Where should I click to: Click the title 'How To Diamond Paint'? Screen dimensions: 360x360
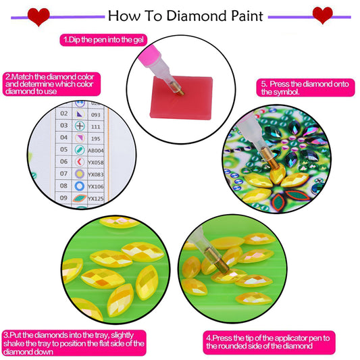[x=186, y=15]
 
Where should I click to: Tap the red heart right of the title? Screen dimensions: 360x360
[x=323, y=14]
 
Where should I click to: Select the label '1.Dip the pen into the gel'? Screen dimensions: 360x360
[x=103, y=41]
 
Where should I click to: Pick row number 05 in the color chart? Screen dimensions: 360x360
[x=63, y=149]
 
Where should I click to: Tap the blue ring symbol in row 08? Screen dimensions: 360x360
[x=80, y=186]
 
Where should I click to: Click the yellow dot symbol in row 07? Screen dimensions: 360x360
[x=80, y=174]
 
